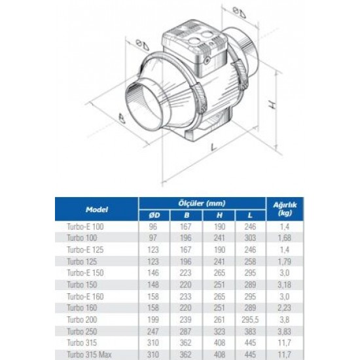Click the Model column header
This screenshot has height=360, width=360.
[97, 209]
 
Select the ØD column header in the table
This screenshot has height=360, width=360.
[154, 215]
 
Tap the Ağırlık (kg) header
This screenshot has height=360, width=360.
[285, 208]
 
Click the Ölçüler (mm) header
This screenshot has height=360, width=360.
[202, 203]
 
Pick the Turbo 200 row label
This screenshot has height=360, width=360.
[82, 319]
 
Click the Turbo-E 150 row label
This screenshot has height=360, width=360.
[85, 273]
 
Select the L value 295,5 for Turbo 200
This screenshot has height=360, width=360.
[250, 319]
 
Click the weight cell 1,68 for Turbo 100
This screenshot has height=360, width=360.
[285, 238]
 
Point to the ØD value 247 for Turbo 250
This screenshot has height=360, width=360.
[153, 331]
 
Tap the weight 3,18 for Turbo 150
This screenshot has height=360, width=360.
[285, 285]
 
